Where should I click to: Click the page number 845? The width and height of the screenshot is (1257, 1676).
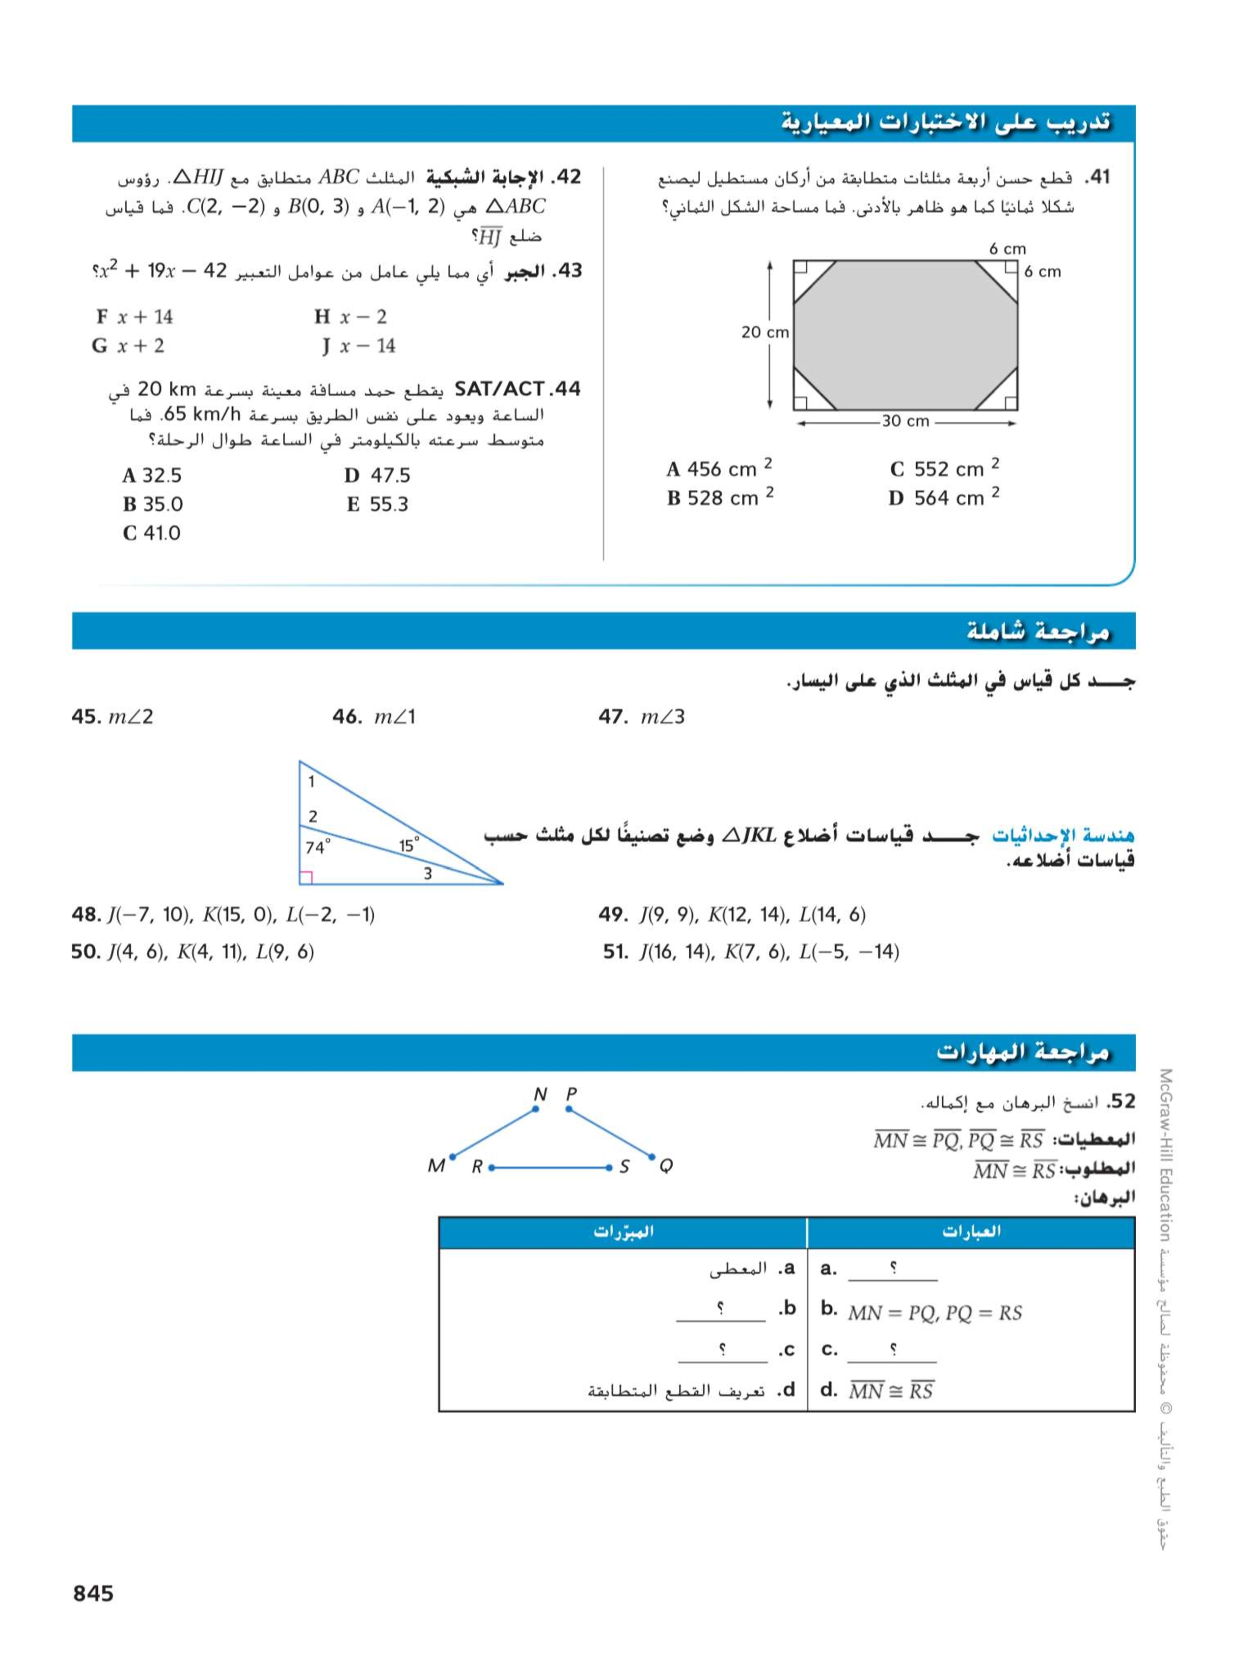[93, 1594]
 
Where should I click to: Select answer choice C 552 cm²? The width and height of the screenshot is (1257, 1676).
[944, 469]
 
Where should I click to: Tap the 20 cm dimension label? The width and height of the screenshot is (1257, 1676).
[765, 332]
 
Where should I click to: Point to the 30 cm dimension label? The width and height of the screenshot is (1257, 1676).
[905, 421]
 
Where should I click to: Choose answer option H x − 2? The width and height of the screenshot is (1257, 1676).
[351, 317]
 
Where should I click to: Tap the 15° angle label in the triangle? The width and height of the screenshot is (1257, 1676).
[409, 845]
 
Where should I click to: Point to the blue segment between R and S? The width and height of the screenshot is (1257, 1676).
[550, 1168]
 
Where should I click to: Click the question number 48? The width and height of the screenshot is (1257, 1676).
[85, 914]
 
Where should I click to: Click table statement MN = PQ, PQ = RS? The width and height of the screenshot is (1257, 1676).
[935, 1313]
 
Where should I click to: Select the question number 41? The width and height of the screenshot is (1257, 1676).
[1096, 177]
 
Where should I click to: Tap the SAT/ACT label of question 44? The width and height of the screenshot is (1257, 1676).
[498, 389]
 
